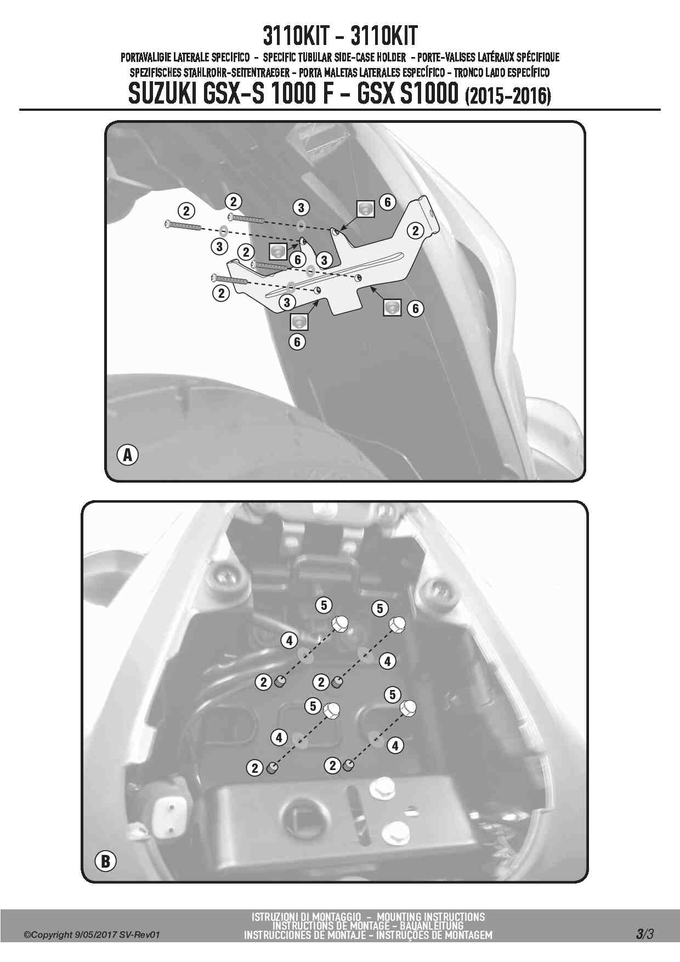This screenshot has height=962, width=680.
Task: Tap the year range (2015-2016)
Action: coord(508,96)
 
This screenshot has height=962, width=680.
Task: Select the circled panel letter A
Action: coord(128,455)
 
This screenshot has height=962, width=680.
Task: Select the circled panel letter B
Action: coord(105,862)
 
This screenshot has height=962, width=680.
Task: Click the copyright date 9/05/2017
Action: coord(95,935)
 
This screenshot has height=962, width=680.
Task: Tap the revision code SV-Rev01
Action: coord(139,935)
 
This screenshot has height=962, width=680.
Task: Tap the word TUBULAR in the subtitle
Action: coord(311,57)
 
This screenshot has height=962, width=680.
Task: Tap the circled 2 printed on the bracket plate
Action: coord(415,231)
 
